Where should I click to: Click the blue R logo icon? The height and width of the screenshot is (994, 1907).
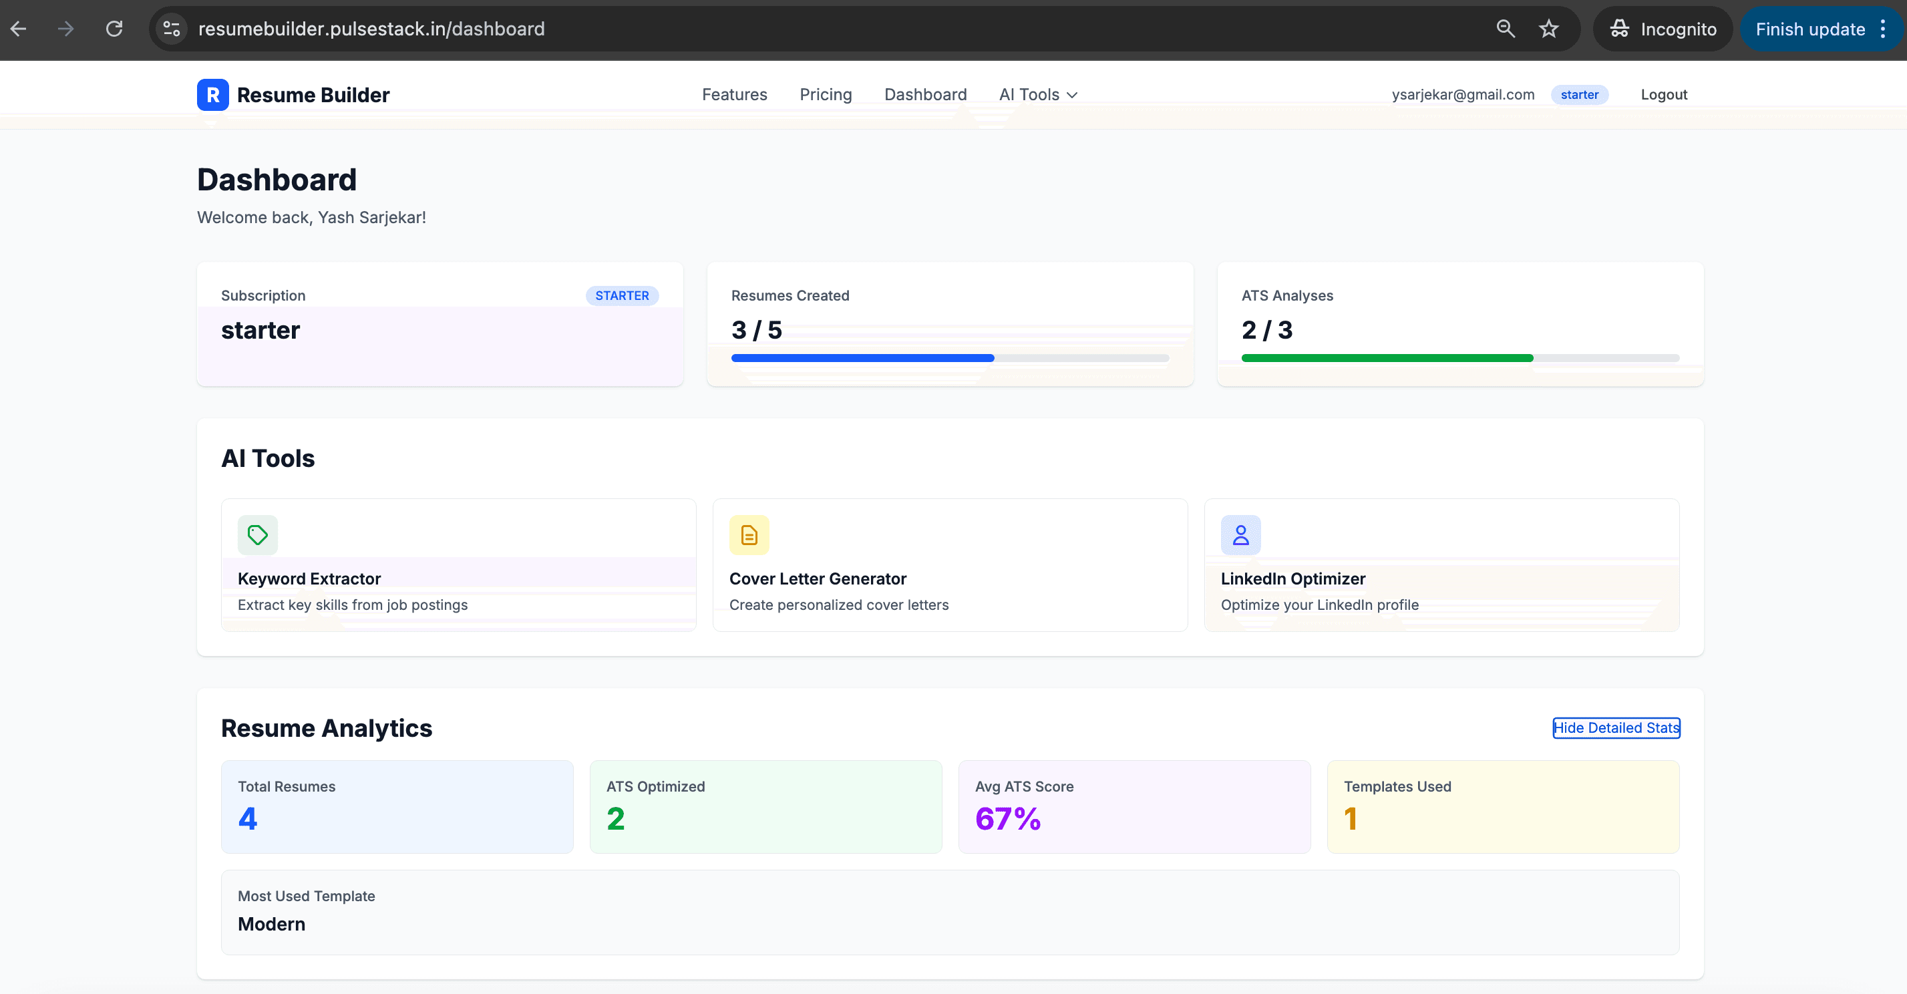point(212,95)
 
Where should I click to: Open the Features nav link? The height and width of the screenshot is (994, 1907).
point(733,95)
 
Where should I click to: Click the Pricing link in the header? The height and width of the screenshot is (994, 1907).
point(825,95)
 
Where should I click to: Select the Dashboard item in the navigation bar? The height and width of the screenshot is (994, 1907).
point(924,95)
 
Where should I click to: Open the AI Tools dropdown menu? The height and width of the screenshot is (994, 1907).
point(1037,95)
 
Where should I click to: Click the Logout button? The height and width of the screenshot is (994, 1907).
point(1663,95)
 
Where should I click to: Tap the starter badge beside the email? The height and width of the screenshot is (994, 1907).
point(1578,95)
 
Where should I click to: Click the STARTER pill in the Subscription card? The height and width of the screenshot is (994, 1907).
point(621,295)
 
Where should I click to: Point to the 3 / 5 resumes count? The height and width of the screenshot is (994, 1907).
point(756,330)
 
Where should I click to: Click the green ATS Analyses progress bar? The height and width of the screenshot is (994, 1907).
point(1386,358)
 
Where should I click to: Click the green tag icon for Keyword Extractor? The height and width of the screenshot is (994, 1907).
point(258,534)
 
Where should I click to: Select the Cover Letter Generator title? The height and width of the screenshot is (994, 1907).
point(818,578)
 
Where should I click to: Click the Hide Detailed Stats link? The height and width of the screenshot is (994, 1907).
point(1615,727)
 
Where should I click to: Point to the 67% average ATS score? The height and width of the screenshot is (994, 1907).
point(1007,818)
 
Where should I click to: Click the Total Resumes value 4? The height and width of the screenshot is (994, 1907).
point(247,818)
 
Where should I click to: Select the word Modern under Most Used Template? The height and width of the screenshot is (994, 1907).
point(271,924)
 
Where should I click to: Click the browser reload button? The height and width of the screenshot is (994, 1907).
point(114,29)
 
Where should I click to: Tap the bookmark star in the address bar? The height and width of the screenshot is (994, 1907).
point(1548,29)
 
